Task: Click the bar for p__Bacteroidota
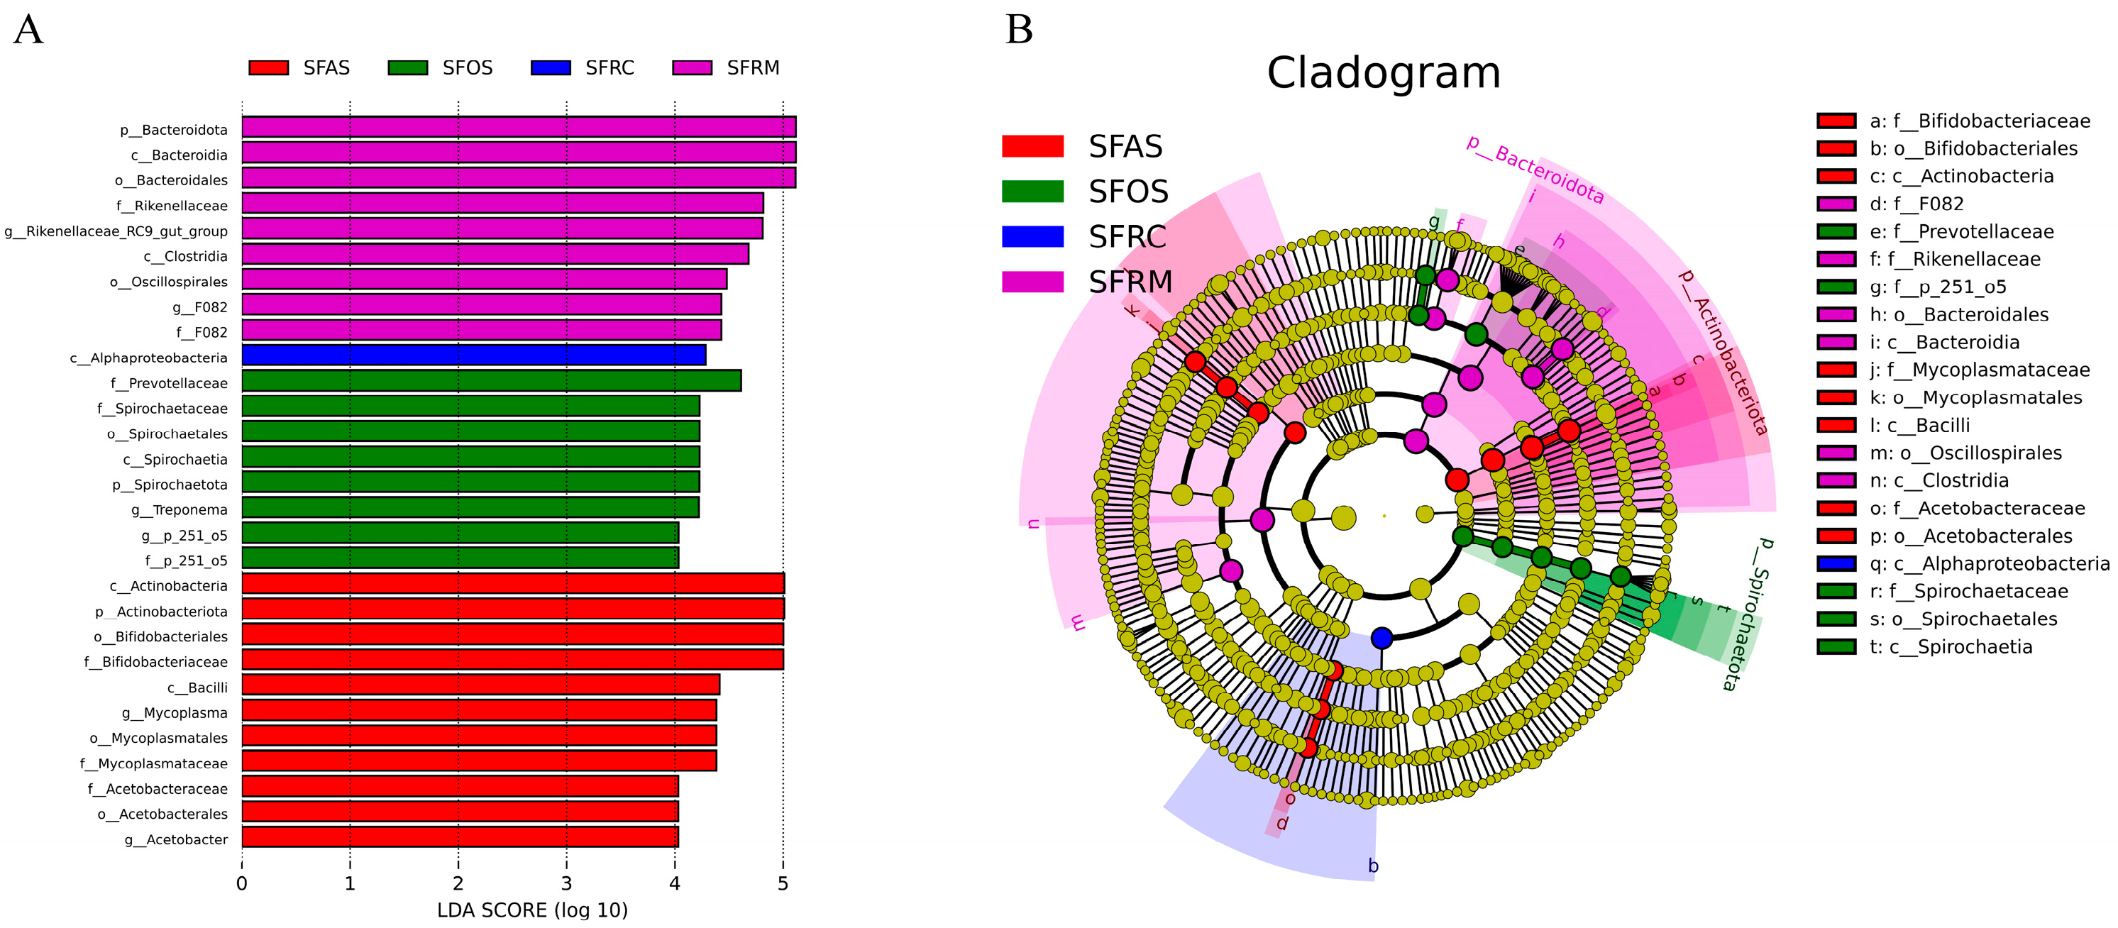coord(518,128)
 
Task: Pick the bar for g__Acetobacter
coord(460,836)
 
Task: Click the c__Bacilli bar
coord(480,685)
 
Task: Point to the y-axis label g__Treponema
coord(180,510)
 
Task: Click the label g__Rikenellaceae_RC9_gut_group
coord(116,232)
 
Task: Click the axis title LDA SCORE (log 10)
coord(532,911)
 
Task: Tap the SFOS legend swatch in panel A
coord(408,68)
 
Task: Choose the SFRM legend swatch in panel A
coord(693,68)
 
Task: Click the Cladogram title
coord(1383,73)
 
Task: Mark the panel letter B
coord(1019,30)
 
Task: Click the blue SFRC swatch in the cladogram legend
coord(1032,237)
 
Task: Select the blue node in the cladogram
coord(1382,638)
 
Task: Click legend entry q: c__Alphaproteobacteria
coord(1989,564)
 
